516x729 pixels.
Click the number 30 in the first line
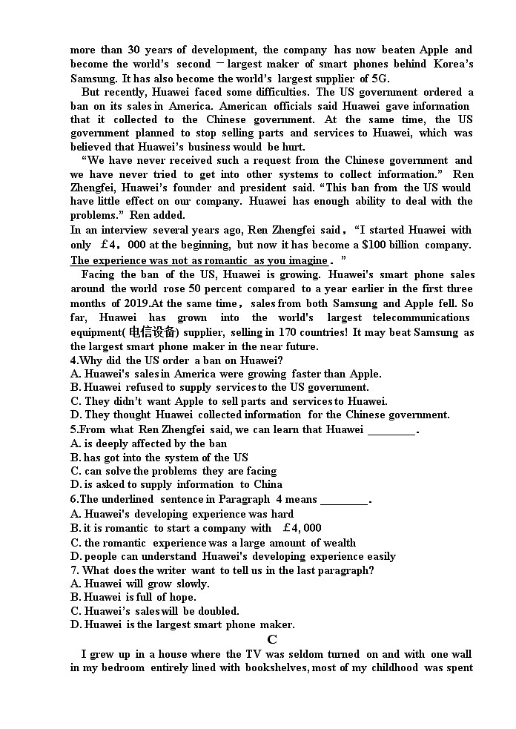pos(134,50)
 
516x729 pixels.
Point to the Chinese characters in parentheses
pos(152,332)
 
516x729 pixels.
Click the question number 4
pos(74,360)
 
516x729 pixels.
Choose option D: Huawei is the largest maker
pos(182,624)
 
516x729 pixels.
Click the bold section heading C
pos(272,639)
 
